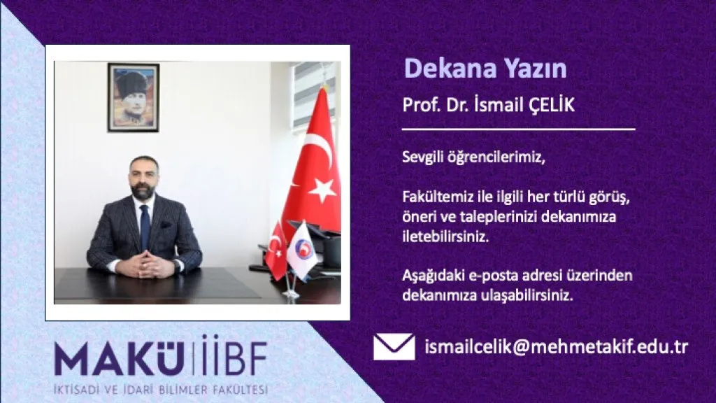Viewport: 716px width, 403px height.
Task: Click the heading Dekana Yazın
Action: pos(485,69)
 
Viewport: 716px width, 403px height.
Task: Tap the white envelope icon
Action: pos(394,347)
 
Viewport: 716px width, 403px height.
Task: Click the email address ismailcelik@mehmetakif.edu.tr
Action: pos(556,347)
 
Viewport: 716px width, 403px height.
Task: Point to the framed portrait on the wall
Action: pos(134,97)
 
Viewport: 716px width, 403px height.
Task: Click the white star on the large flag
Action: pos(322,190)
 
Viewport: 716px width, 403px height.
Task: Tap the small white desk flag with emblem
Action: pos(302,250)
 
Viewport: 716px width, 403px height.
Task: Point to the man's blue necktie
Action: pos(145,227)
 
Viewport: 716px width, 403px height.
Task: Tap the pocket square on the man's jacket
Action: pos(165,225)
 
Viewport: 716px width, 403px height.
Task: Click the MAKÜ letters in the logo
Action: pos(119,358)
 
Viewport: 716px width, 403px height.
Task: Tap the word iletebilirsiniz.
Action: pos(445,236)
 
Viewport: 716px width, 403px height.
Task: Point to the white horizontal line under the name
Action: pos(518,129)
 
